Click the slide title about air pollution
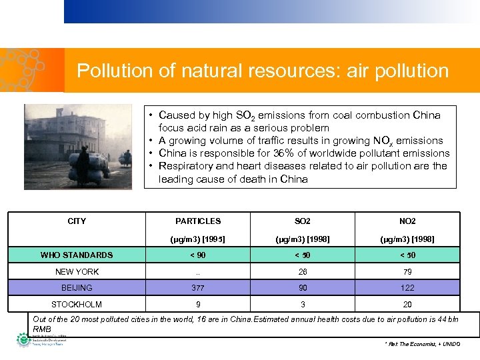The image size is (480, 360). [x=263, y=71]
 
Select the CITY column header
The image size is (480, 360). [x=77, y=221]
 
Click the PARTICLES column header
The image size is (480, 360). [x=198, y=221]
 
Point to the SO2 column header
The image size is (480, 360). [x=303, y=221]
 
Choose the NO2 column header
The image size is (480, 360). [x=407, y=221]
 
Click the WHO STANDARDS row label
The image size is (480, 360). [x=77, y=255]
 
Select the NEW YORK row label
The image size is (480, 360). [x=77, y=271]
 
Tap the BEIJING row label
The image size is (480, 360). [x=77, y=288]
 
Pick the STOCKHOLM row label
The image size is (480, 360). [x=77, y=304]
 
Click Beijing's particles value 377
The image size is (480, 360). [x=198, y=288]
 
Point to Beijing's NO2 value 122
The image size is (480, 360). [x=407, y=288]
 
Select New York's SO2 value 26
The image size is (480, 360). [x=303, y=271]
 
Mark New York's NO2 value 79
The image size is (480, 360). [x=407, y=271]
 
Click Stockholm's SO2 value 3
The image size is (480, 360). [x=303, y=304]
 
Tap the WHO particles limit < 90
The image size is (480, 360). [x=198, y=255]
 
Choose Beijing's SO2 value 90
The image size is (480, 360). [x=303, y=288]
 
